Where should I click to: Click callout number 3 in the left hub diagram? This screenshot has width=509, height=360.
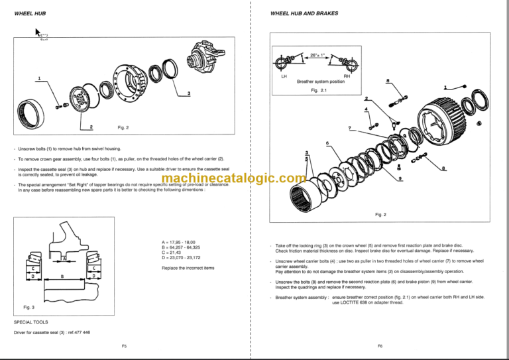(189, 93)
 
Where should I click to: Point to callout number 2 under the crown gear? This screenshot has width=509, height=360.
(91, 126)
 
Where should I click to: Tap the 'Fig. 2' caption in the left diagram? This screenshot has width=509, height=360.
(123, 127)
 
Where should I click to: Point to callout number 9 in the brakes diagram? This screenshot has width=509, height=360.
(400, 180)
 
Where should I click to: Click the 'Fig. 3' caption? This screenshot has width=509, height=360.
(28, 307)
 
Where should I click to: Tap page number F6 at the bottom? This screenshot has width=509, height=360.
(380, 346)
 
